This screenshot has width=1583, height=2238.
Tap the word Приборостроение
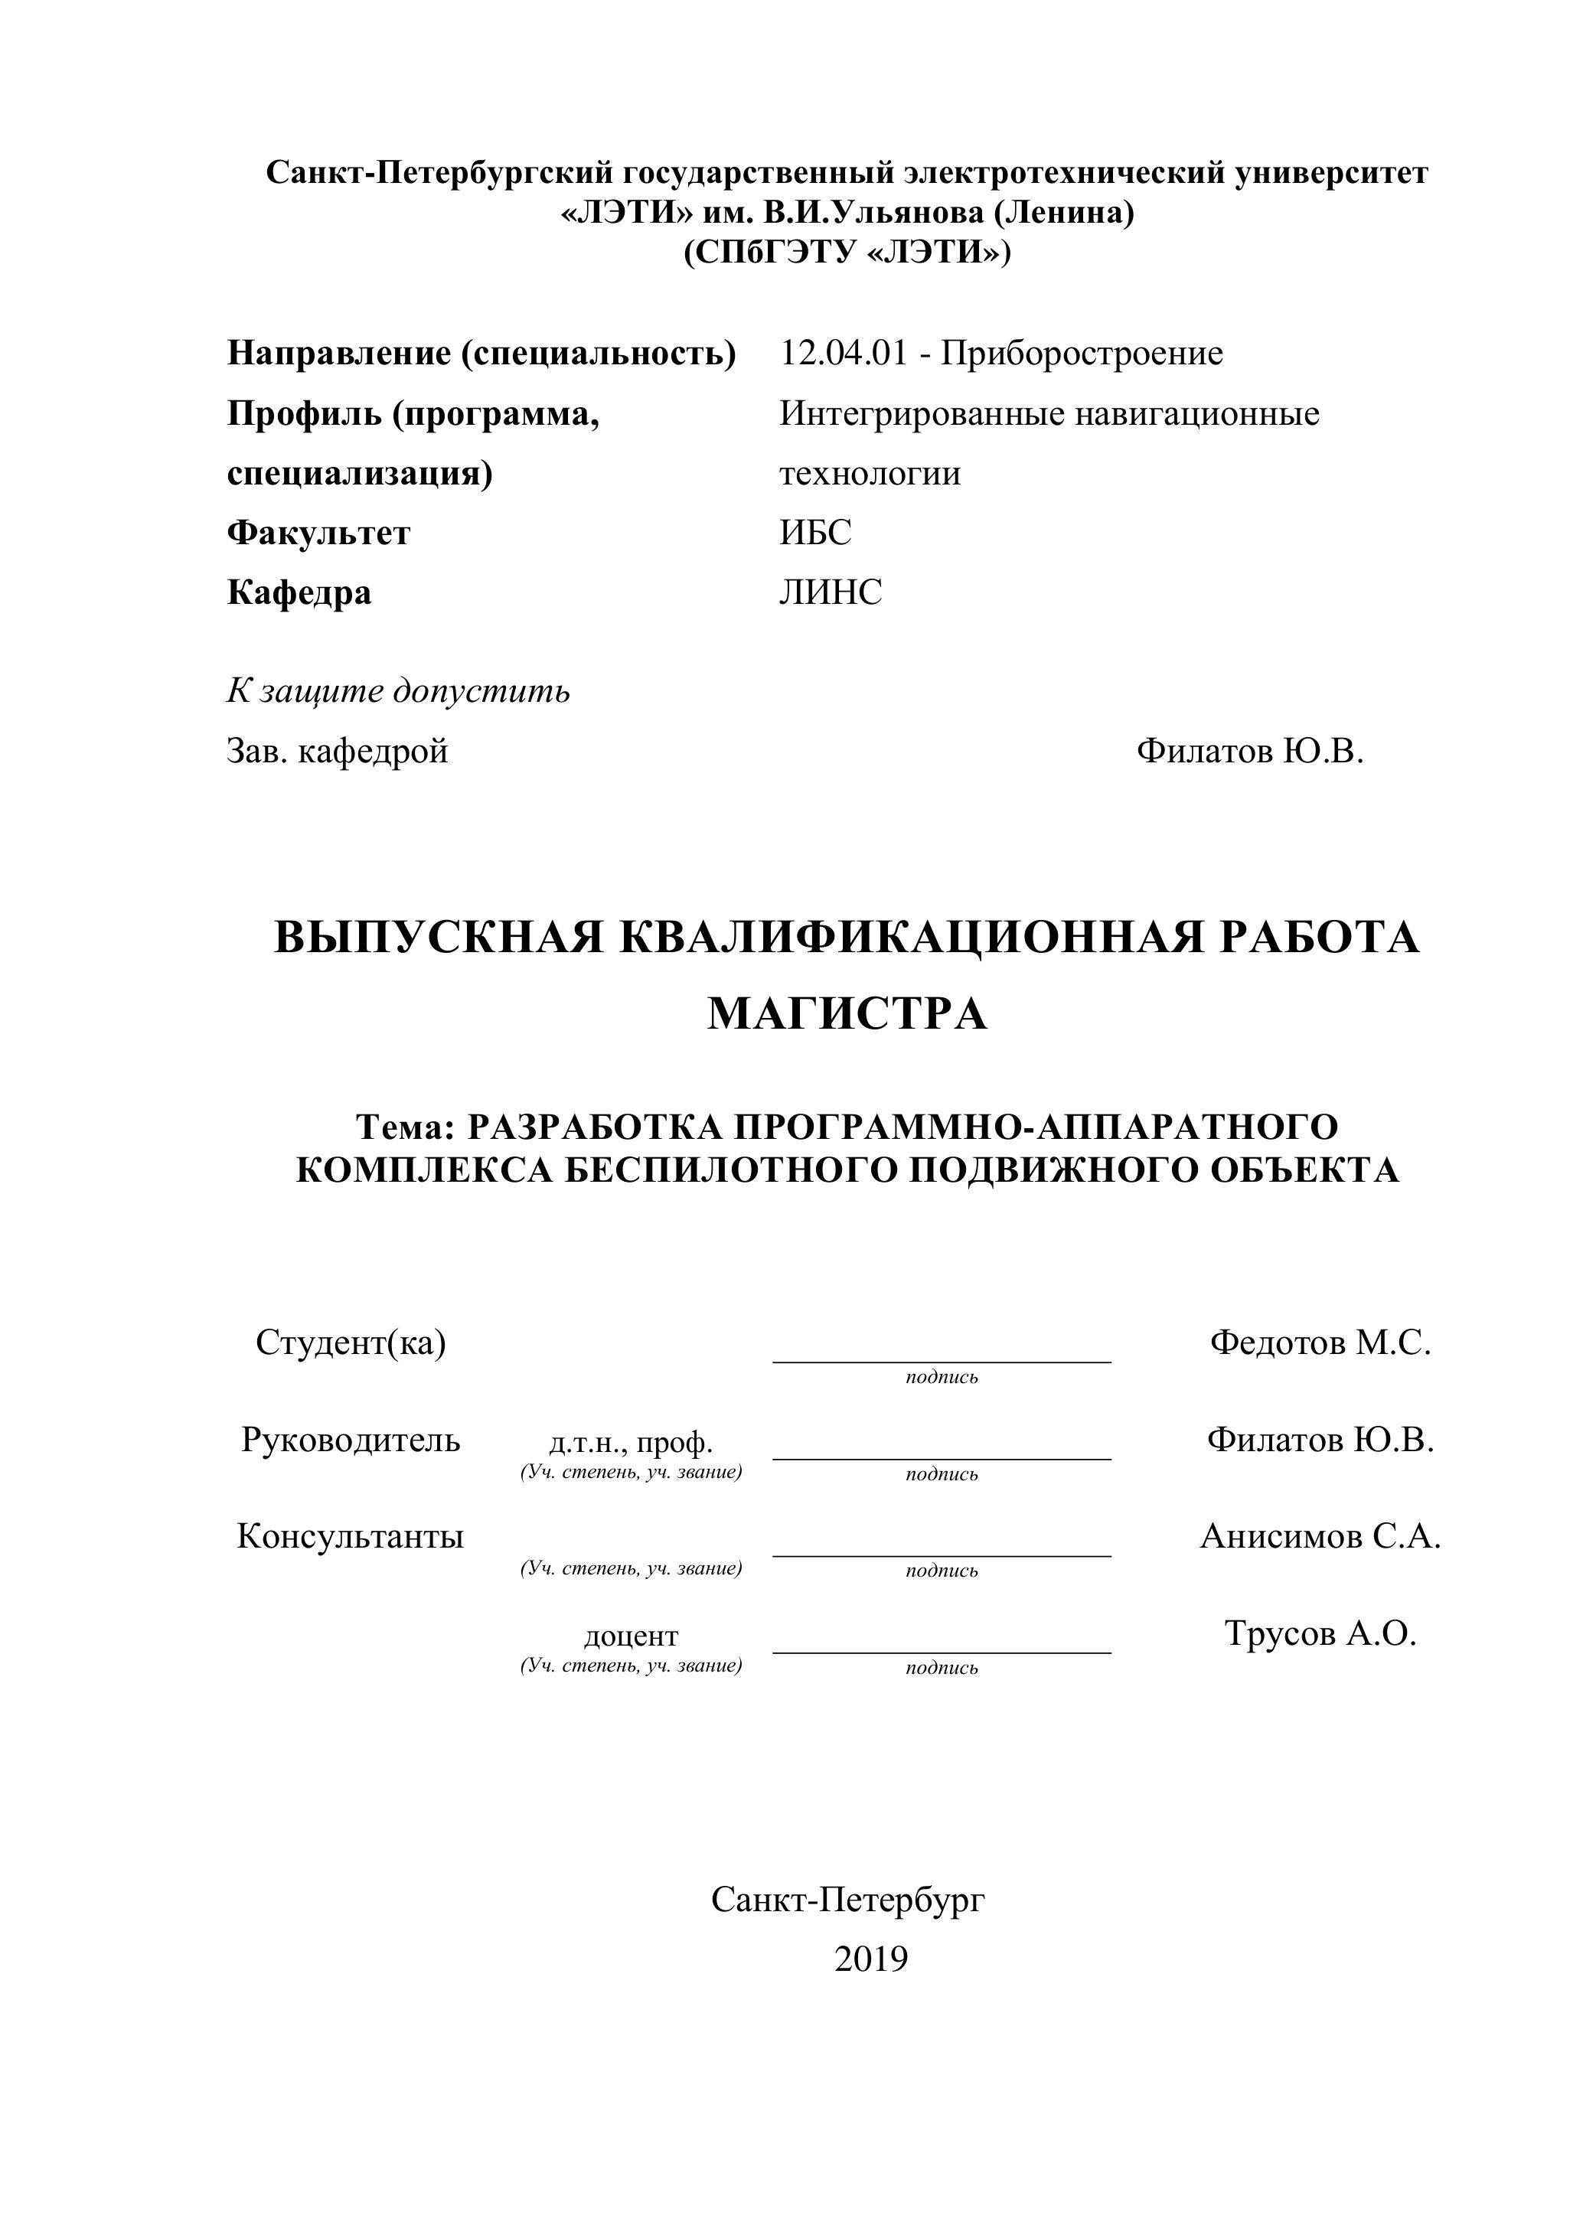click(1082, 353)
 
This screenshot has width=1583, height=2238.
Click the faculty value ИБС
click(815, 532)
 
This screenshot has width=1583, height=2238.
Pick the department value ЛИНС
click(831, 592)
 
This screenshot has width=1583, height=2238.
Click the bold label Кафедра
click(299, 592)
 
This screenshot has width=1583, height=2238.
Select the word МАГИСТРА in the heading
click(847, 1013)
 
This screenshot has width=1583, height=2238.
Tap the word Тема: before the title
click(406, 1127)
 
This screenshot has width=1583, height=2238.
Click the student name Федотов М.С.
click(1320, 1343)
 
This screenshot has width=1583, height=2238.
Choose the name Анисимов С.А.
click(1320, 1536)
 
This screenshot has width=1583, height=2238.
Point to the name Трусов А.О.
click(1320, 1633)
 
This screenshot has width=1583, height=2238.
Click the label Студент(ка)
click(351, 1343)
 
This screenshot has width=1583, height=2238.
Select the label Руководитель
click(351, 1440)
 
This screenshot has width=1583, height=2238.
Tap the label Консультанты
click(351, 1536)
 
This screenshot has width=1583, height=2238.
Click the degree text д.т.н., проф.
click(631, 1443)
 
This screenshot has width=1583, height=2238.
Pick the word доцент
click(631, 1636)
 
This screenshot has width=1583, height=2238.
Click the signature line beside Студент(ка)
click(942, 1360)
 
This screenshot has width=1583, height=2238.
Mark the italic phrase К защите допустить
click(399, 691)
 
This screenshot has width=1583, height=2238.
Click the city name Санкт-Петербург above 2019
click(848, 1899)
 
